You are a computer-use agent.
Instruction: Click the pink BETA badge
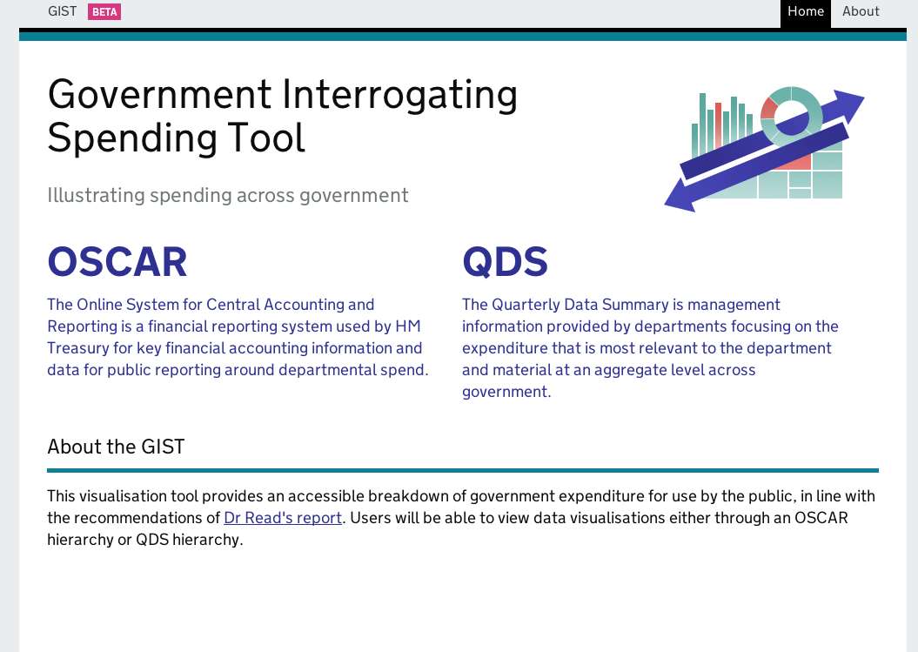pyautogui.click(x=104, y=11)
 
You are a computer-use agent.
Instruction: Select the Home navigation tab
pyautogui.click(x=806, y=11)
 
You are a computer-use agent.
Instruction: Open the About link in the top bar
pyautogui.click(x=861, y=11)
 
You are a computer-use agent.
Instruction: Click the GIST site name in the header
pyautogui.click(x=62, y=11)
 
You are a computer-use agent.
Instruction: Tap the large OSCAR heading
pyautogui.click(x=117, y=262)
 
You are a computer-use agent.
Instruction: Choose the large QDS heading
pyautogui.click(x=505, y=262)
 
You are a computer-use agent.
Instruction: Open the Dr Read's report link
pyautogui.click(x=283, y=518)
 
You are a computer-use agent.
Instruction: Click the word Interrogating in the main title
pyautogui.click(x=399, y=95)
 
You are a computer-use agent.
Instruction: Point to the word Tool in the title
pyautogui.click(x=265, y=138)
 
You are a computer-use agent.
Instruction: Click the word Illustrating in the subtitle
pyautogui.click(x=96, y=195)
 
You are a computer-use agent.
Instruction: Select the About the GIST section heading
pyautogui.click(x=116, y=447)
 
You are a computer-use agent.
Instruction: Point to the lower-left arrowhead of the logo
pyautogui.click(x=680, y=197)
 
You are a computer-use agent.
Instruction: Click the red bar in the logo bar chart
pyautogui.click(x=718, y=126)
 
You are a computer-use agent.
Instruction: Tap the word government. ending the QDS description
pyautogui.click(x=506, y=392)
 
